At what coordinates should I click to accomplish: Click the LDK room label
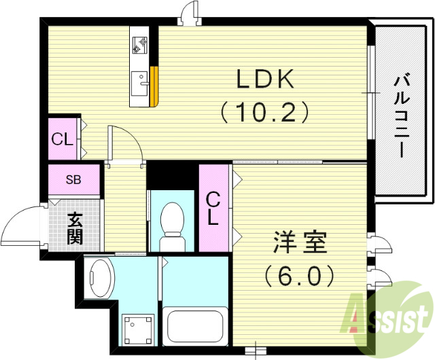(264, 79)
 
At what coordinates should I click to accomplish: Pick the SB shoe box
(74, 180)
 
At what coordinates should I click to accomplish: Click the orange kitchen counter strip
(155, 86)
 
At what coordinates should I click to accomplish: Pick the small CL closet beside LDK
(64, 139)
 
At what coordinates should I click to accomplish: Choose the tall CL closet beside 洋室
(213, 208)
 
